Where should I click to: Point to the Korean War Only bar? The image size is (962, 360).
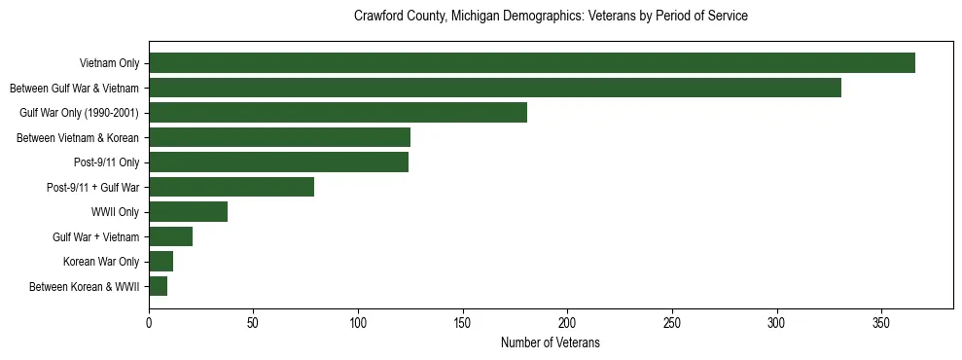click(x=160, y=262)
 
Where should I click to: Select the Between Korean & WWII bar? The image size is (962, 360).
click(x=158, y=287)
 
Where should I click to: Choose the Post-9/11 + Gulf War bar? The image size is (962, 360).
click(x=232, y=187)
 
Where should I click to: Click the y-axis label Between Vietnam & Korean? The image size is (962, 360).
click(x=78, y=138)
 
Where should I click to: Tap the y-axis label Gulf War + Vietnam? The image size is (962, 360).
click(x=95, y=237)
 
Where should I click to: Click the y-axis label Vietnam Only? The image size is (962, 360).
click(x=109, y=64)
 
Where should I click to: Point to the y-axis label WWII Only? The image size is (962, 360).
click(x=115, y=212)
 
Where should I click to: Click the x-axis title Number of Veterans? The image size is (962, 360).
click(x=551, y=342)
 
